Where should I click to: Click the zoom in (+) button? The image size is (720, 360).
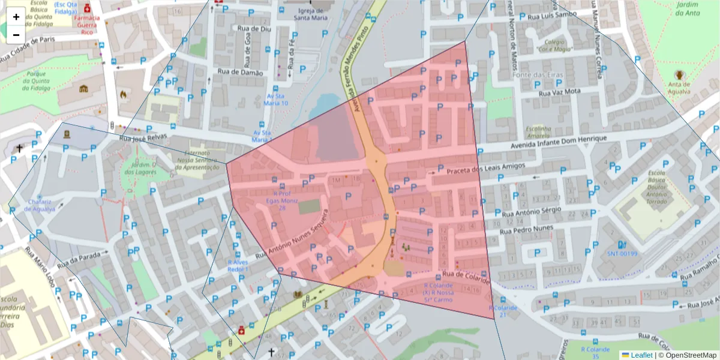(16, 17)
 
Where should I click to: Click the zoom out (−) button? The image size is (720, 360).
(16, 34)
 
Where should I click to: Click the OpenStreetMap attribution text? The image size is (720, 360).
(687, 355)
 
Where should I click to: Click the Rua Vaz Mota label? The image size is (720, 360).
(560, 92)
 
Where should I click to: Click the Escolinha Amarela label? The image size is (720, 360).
(538, 133)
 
